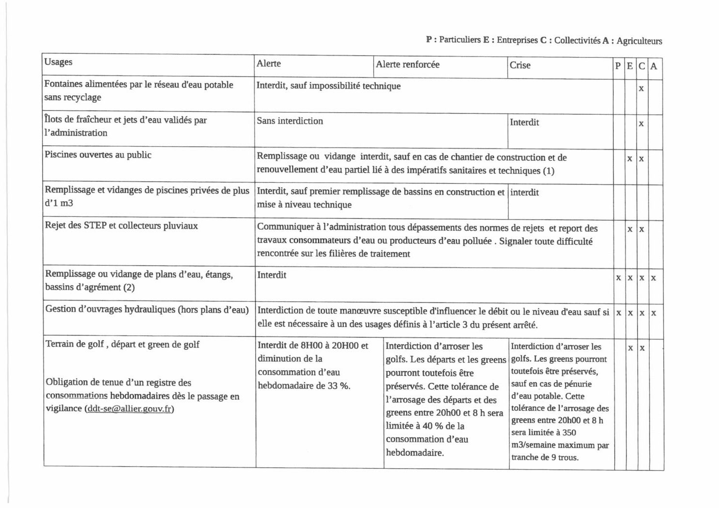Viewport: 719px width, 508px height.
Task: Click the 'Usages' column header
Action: [58, 62]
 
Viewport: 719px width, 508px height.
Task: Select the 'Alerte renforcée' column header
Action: [407, 64]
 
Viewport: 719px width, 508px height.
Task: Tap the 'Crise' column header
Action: [520, 65]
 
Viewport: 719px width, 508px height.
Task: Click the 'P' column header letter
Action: [618, 66]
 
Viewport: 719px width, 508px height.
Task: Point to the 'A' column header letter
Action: [654, 66]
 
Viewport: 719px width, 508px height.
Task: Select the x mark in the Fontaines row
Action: [641, 89]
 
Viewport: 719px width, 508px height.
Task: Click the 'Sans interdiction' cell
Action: [290, 121]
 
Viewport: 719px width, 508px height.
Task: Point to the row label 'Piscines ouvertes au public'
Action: [98, 155]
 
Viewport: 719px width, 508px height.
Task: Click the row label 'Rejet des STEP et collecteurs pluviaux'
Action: [121, 225]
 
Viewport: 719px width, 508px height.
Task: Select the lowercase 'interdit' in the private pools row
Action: [524, 192]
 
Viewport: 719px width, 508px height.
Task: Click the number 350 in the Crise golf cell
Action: [569, 433]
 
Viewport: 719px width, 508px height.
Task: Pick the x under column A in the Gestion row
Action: [654, 313]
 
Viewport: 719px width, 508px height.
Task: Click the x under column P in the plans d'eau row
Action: [618, 278]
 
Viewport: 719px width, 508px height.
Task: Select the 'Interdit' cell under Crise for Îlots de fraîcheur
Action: [524, 122]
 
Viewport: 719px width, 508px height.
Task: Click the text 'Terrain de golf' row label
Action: [75, 344]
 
